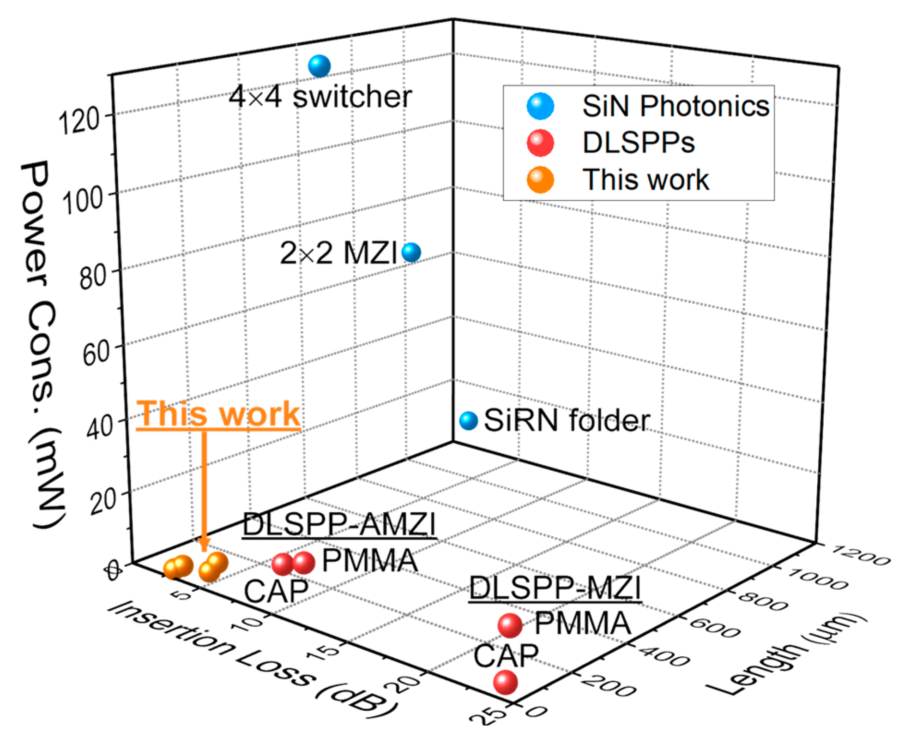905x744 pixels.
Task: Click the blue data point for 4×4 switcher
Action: (320, 66)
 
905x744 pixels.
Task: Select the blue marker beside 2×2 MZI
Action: (411, 252)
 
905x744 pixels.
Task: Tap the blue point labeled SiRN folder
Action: (468, 420)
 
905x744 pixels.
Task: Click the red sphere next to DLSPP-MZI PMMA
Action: (510, 625)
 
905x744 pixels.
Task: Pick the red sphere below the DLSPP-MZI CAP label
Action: (506, 682)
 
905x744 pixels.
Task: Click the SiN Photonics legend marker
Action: (540, 107)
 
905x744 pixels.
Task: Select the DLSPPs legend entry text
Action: (639, 143)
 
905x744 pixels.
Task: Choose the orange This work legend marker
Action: (540, 180)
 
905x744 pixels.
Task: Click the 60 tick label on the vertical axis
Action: (96, 354)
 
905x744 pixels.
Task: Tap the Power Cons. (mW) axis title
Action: (44, 344)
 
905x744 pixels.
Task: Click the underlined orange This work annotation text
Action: (218, 414)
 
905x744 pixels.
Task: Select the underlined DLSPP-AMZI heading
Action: (339, 525)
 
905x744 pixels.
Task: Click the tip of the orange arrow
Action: (204, 550)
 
